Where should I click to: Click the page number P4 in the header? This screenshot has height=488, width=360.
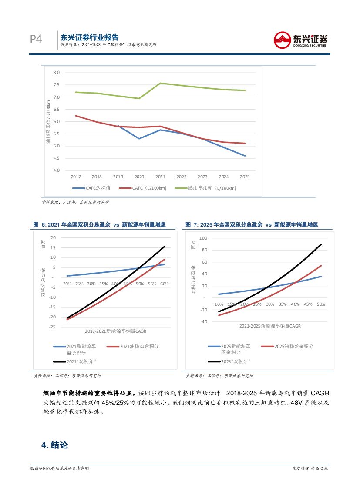36,40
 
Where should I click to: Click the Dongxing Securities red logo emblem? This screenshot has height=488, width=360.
282,40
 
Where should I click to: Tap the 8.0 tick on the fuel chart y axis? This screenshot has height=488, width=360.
56,73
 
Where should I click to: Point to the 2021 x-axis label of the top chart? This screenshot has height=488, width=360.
160,177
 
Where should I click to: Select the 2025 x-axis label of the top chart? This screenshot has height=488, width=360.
245,177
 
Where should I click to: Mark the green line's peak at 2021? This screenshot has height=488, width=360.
160,83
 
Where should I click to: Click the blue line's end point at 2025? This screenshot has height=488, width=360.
245,156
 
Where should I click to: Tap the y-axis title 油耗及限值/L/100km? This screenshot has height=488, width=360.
49,121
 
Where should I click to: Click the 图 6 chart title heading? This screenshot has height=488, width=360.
99,225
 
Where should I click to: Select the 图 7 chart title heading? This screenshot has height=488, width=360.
252,225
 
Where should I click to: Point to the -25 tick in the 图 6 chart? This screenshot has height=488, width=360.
54,327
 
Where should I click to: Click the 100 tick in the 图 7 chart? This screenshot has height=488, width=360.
203,238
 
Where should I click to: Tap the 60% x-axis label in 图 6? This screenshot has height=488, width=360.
164,284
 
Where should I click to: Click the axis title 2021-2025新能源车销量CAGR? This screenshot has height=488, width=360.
270,325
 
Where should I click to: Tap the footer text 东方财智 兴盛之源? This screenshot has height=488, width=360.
310,468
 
